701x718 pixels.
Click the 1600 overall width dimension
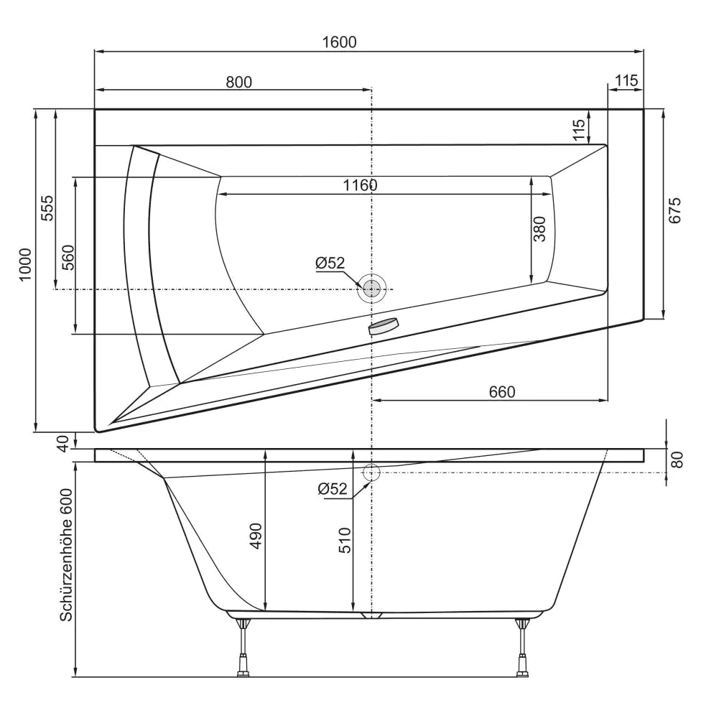(x=340, y=42)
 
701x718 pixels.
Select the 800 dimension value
(x=238, y=82)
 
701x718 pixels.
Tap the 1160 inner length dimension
(x=360, y=185)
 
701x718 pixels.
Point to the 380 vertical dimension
(x=540, y=229)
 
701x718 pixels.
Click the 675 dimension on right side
(x=674, y=210)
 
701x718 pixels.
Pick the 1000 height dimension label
(x=26, y=265)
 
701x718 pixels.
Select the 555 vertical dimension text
(x=47, y=209)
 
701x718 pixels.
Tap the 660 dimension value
(x=502, y=391)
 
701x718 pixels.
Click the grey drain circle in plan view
(x=371, y=289)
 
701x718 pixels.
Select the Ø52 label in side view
(x=333, y=489)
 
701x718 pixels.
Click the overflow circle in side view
(x=371, y=472)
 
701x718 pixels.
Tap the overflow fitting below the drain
(x=383, y=327)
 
